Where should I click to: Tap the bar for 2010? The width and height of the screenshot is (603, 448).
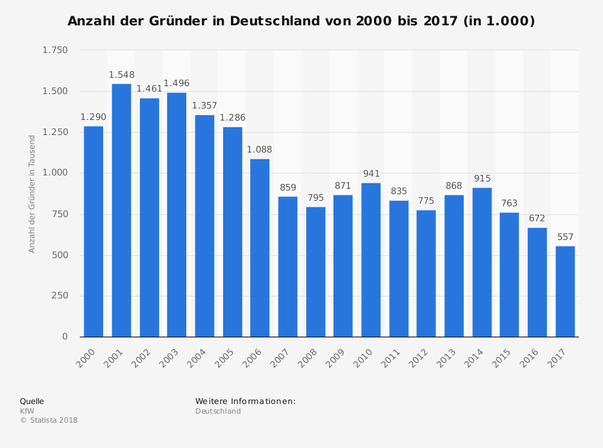tap(371, 259)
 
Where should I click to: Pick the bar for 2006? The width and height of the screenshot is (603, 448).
tap(260, 247)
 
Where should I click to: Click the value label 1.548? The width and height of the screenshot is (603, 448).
tap(121, 75)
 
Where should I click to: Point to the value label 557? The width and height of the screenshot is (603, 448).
tap(565, 237)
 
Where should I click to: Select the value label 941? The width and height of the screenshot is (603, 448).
tap(371, 174)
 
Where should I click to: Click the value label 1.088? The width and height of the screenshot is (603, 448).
tap(260, 150)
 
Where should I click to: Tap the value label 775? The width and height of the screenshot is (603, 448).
tap(426, 201)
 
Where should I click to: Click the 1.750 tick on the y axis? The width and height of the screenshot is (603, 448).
tap(55, 50)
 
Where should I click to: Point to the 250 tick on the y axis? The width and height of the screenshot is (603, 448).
tap(60, 295)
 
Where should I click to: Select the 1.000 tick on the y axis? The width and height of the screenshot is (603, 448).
tap(55, 173)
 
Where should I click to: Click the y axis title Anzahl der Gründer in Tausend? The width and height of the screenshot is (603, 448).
tap(32, 194)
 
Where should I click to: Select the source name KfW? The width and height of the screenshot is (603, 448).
tap(27, 411)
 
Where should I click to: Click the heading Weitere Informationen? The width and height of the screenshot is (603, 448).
tap(245, 401)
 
